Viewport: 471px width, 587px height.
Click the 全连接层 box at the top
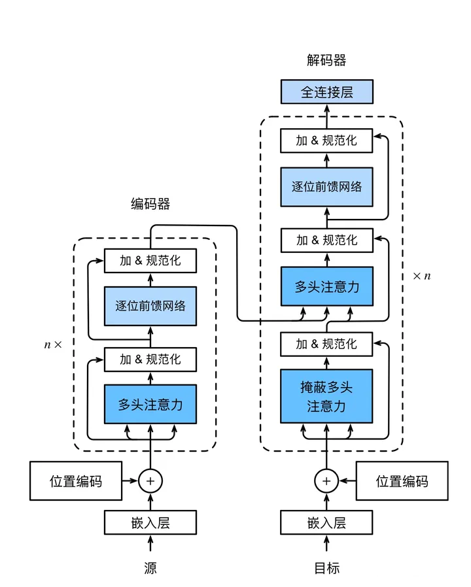pyautogui.click(x=326, y=92)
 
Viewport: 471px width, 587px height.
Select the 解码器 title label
pyautogui.click(x=326, y=61)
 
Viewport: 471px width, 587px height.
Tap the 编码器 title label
pyautogui.click(x=150, y=204)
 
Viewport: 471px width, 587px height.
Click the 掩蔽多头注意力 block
pyautogui.click(x=326, y=396)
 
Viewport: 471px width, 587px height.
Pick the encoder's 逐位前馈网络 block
pyautogui.click(x=150, y=305)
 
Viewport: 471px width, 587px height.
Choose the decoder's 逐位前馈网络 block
pyautogui.click(x=326, y=186)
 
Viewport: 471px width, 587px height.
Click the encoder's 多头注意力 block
pyautogui.click(x=150, y=404)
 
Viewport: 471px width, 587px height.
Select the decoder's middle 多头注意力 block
pyautogui.click(x=326, y=286)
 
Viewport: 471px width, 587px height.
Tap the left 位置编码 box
pyautogui.click(x=76, y=481)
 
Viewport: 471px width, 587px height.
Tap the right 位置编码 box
pyautogui.click(x=402, y=481)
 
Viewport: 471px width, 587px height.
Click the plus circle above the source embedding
pyautogui.click(x=150, y=481)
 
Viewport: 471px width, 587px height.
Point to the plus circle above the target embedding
pyautogui.click(x=326, y=481)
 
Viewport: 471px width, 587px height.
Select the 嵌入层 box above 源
pyautogui.click(x=150, y=522)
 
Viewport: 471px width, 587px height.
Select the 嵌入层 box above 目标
pyautogui.click(x=326, y=522)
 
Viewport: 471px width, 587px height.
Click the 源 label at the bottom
pyautogui.click(x=150, y=567)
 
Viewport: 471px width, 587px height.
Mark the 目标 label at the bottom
pyautogui.click(x=326, y=567)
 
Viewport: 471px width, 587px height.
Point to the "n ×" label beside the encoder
pyautogui.click(x=52, y=344)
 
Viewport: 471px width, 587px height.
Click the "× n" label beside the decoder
pyautogui.click(x=422, y=276)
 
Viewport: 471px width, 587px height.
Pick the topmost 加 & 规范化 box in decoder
pyautogui.click(x=326, y=141)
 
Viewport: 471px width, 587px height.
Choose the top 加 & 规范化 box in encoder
pyautogui.click(x=150, y=261)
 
